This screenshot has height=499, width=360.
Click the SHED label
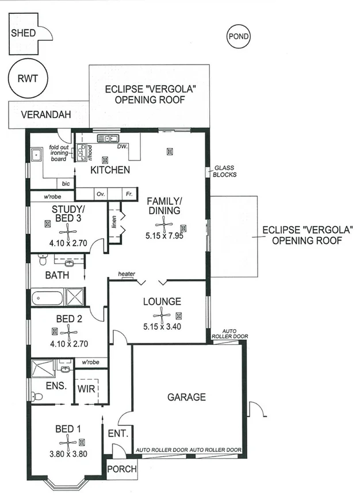(23, 33)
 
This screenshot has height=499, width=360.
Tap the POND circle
(238, 37)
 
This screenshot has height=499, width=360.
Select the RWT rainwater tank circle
(28, 79)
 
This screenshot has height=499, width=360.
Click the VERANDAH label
(46, 115)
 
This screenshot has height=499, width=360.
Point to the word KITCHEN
(110, 170)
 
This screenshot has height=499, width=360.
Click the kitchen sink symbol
(108, 138)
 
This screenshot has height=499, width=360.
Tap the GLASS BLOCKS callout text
(225, 171)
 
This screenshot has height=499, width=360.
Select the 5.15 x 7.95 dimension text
(164, 235)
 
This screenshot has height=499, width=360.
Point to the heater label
(127, 273)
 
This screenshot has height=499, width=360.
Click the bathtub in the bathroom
(47, 298)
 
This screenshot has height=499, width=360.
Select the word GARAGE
(186, 397)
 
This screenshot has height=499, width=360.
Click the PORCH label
(122, 469)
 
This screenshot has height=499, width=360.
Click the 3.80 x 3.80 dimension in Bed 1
(68, 454)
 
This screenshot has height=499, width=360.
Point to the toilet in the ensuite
(37, 396)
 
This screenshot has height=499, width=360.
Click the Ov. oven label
(101, 194)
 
